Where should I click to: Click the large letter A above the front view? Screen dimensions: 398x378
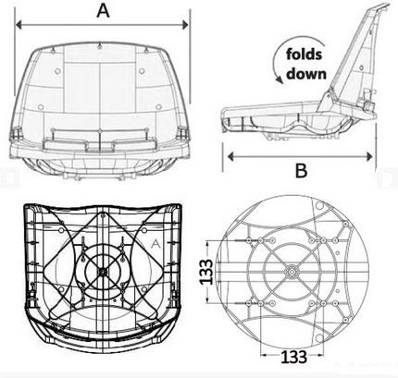coord(103,11)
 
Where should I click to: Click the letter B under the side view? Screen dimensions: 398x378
coord(301,170)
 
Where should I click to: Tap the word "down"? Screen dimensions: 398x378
coord(306,74)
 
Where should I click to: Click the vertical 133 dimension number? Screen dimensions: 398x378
coord(205,272)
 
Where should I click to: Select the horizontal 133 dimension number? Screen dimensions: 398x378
coord(293,357)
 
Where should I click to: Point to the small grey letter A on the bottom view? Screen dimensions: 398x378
coord(156,244)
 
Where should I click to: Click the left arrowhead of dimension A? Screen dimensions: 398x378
coord(19,25)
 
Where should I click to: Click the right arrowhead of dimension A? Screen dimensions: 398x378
coord(185,25)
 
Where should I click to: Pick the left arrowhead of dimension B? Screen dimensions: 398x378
coord(230,156)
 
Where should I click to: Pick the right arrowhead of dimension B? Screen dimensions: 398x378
coord(369,156)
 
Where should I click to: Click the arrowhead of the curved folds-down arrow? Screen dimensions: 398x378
coord(280,80)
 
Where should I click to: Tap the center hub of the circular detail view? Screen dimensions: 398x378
coord(291,272)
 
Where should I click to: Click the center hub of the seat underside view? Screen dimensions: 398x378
coord(102,272)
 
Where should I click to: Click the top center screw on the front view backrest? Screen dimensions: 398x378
coord(99,46)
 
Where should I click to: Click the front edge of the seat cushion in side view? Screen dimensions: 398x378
coord(224,118)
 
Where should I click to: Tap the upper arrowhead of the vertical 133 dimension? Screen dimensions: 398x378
coord(208,243)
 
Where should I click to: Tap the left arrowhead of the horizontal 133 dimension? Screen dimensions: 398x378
coord(263,355)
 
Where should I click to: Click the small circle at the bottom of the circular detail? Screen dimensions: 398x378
coord(319,338)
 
